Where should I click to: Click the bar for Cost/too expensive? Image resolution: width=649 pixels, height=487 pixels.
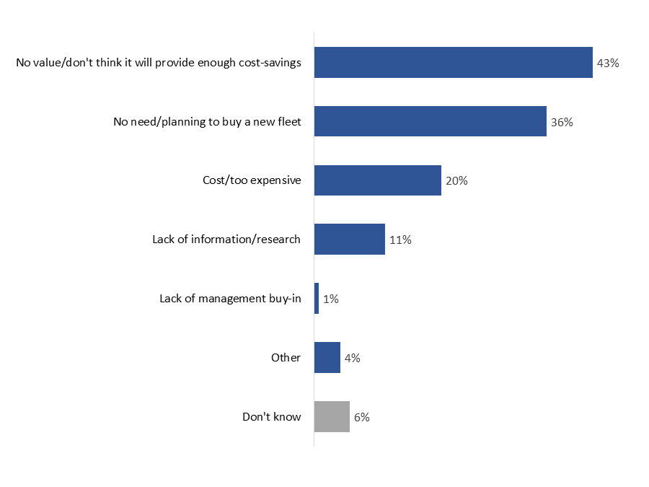[x=377, y=180]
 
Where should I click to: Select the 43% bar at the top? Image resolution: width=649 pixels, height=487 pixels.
[x=453, y=63]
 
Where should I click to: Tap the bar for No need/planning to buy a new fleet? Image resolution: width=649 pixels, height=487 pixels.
[x=430, y=121]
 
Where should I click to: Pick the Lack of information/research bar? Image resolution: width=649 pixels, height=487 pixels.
[x=349, y=239]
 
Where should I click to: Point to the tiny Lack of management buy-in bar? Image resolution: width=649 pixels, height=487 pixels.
[x=317, y=298]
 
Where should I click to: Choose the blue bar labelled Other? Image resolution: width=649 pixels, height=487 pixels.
[x=327, y=357]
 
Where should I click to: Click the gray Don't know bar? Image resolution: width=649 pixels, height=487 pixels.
[x=332, y=416]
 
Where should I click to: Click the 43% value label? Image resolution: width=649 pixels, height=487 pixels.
[x=608, y=63]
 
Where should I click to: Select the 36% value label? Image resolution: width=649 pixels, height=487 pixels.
[x=562, y=123]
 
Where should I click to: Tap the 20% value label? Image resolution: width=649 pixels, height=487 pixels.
[x=456, y=181]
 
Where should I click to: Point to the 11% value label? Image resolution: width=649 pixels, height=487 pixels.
[x=400, y=240]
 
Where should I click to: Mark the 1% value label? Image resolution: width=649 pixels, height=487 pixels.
[x=330, y=299]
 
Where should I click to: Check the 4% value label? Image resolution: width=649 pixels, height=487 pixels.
[x=352, y=358]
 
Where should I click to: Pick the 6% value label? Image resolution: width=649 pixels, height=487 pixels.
[x=361, y=417]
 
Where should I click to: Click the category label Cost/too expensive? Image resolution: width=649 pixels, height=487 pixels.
[x=251, y=180]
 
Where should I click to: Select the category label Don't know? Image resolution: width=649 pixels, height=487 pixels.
[x=271, y=416]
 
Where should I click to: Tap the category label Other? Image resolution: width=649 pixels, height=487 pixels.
[x=286, y=357]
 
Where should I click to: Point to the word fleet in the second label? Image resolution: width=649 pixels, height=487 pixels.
[x=287, y=122]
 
